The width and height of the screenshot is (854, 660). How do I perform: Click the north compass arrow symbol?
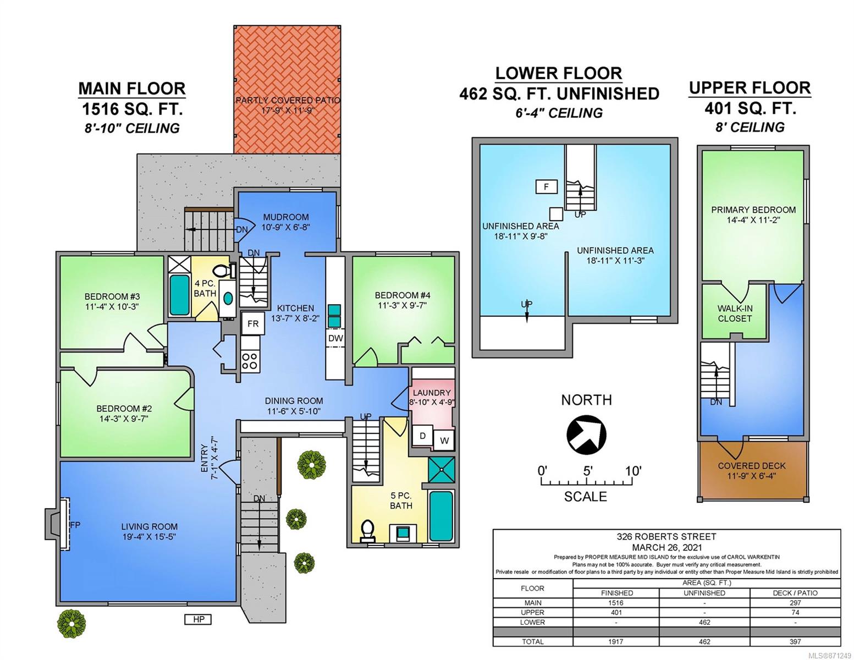586,435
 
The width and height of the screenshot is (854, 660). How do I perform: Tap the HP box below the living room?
198,619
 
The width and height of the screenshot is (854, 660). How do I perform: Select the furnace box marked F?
546,186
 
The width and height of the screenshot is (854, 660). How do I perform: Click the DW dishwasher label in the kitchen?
335,338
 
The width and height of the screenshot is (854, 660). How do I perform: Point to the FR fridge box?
253,323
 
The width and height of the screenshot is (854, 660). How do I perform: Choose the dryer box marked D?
422,436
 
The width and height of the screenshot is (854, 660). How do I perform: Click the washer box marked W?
444,440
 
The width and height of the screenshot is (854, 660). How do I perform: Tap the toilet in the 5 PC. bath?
367,531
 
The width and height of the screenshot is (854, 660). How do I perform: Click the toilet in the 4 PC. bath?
224,270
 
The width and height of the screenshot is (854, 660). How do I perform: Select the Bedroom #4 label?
403,295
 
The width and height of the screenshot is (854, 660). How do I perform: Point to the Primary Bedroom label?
753,210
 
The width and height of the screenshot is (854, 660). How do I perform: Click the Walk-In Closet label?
735,313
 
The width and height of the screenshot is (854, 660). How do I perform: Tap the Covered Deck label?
751,465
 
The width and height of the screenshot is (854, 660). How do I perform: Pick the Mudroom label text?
286,217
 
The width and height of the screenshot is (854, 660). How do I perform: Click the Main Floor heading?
132,89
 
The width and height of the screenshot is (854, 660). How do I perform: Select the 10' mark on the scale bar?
633,471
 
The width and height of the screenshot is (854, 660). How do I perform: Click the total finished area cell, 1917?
616,641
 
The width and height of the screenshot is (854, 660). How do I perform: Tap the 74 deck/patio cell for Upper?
795,612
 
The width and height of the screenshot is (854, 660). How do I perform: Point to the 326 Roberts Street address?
666,536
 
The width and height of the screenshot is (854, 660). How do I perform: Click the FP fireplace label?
75,525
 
